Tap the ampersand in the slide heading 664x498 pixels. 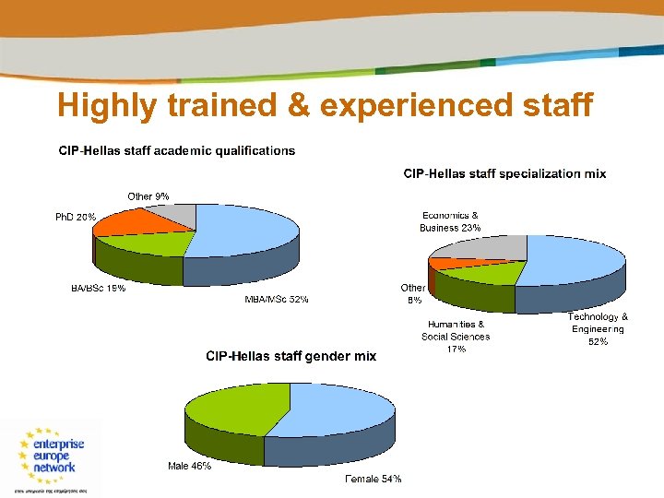pos(298,106)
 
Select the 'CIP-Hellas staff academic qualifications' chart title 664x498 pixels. pos(177,150)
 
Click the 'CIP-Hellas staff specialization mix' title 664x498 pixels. pos(505,173)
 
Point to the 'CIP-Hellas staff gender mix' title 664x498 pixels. pos(290,356)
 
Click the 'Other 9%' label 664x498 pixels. pos(148,196)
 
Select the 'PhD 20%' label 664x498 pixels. pos(75,217)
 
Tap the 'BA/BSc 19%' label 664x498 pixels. pos(99,288)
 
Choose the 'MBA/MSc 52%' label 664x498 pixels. pos(276,300)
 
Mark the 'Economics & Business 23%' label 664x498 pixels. pos(450,221)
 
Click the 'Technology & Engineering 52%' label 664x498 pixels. pos(599,329)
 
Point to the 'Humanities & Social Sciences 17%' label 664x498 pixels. pos(456,337)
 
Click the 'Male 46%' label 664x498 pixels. pos(189,467)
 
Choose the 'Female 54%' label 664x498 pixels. pos(373,479)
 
